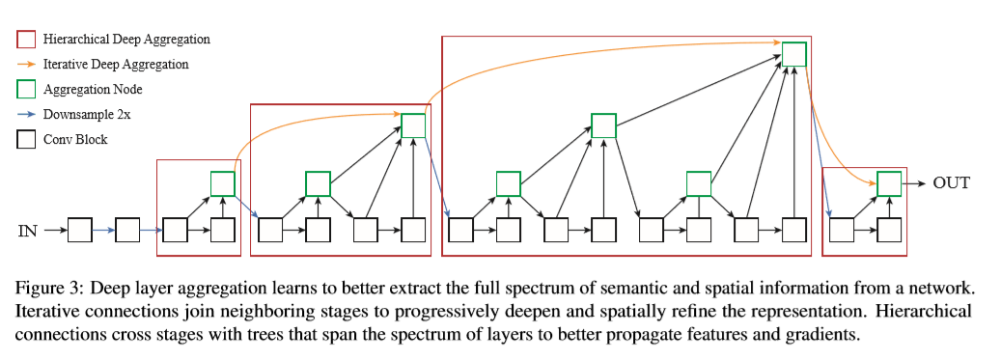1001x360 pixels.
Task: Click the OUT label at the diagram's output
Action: pos(951,182)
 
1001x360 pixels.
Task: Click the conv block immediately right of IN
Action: pos(80,231)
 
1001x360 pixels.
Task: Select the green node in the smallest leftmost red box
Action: pos(223,182)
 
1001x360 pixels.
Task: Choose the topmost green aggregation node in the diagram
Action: pos(793,54)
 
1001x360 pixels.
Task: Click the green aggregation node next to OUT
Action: pos(889,182)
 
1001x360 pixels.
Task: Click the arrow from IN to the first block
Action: pos(54,231)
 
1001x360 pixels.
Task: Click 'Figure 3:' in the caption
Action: pos(50,290)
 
